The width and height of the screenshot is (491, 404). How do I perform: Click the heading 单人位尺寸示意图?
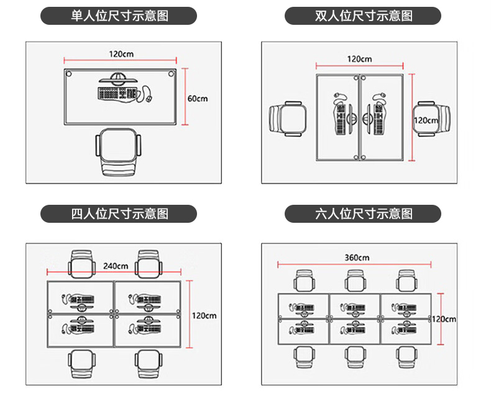[x=119, y=16]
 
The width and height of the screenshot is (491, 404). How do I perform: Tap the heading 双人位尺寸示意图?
[x=363, y=16]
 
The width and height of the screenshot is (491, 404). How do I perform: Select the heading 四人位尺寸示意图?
[x=119, y=214]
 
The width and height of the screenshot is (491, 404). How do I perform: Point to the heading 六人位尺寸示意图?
[x=363, y=214]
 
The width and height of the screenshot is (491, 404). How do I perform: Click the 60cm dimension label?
[x=197, y=98]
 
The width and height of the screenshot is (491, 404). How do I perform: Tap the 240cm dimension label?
[x=116, y=266]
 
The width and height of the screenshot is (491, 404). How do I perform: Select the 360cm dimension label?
[x=356, y=257]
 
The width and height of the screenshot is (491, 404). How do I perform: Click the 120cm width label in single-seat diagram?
[x=121, y=54]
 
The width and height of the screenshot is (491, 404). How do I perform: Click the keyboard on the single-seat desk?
[x=116, y=94]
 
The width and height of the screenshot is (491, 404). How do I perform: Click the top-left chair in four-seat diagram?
[x=83, y=264]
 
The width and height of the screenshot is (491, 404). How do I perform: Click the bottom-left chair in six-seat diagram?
[x=303, y=356]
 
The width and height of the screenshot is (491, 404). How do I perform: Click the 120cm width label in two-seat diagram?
[x=359, y=59]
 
